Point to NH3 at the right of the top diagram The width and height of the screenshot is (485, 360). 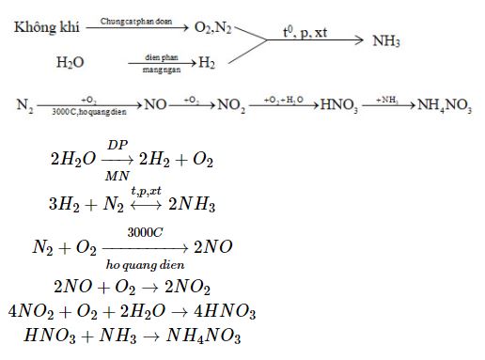pos(386,41)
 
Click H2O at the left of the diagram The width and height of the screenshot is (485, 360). pos(70,63)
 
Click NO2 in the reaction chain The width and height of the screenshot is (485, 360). pos(231,104)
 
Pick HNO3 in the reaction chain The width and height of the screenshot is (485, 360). pos(339,104)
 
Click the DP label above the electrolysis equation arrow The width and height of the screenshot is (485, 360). pos(117,145)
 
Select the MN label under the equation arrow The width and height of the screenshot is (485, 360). pos(117,175)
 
